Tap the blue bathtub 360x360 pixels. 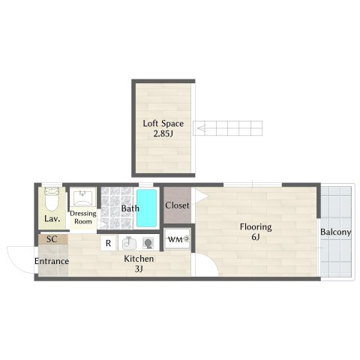point(146,209)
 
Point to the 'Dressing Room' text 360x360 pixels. point(82,217)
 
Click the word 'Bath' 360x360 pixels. point(130,208)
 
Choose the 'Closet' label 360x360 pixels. point(177,205)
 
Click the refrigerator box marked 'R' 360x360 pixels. point(108,243)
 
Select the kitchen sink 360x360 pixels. point(129,243)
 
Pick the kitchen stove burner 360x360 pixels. point(148,243)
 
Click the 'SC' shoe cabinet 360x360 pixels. point(52,239)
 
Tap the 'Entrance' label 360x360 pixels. point(52,261)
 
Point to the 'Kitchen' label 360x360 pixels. point(139,259)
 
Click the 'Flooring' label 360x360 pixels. point(255,226)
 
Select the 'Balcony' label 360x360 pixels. point(335,232)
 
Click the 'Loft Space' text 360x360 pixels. point(163,124)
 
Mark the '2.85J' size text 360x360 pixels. point(163,136)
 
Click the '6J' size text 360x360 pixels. point(255,238)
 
